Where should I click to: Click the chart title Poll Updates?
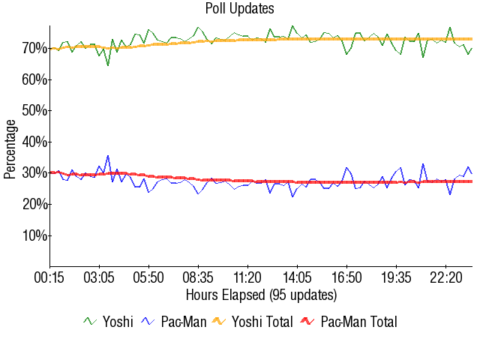point(240,9)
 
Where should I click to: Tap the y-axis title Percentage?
point(10,148)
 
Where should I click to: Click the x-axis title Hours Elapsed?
point(261,294)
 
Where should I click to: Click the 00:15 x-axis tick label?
point(50,277)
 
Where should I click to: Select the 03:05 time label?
point(100,277)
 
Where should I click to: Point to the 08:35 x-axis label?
point(199,277)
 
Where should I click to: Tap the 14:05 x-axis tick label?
point(298,277)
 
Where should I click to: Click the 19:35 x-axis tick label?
point(397,277)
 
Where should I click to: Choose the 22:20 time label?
point(446,277)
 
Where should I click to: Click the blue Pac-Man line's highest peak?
point(108,156)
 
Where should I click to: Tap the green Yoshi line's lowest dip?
point(108,65)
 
